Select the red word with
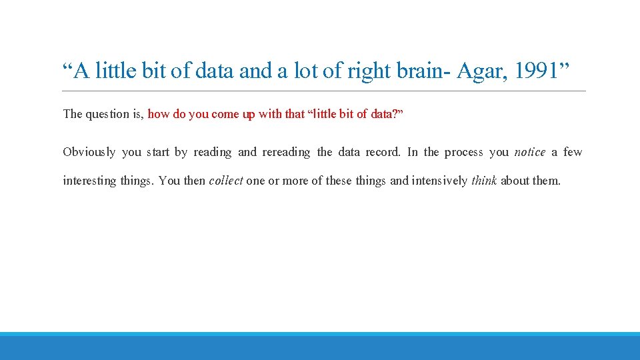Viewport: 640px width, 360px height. (x=270, y=114)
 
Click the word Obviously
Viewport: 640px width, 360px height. (x=89, y=152)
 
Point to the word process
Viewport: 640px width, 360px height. (x=463, y=152)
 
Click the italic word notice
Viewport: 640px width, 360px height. (x=529, y=152)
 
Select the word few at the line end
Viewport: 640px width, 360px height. (x=572, y=152)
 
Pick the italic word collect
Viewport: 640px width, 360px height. (x=225, y=181)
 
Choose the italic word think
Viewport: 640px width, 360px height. (x=484, y=181)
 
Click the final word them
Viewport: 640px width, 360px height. (x=547, y=181)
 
